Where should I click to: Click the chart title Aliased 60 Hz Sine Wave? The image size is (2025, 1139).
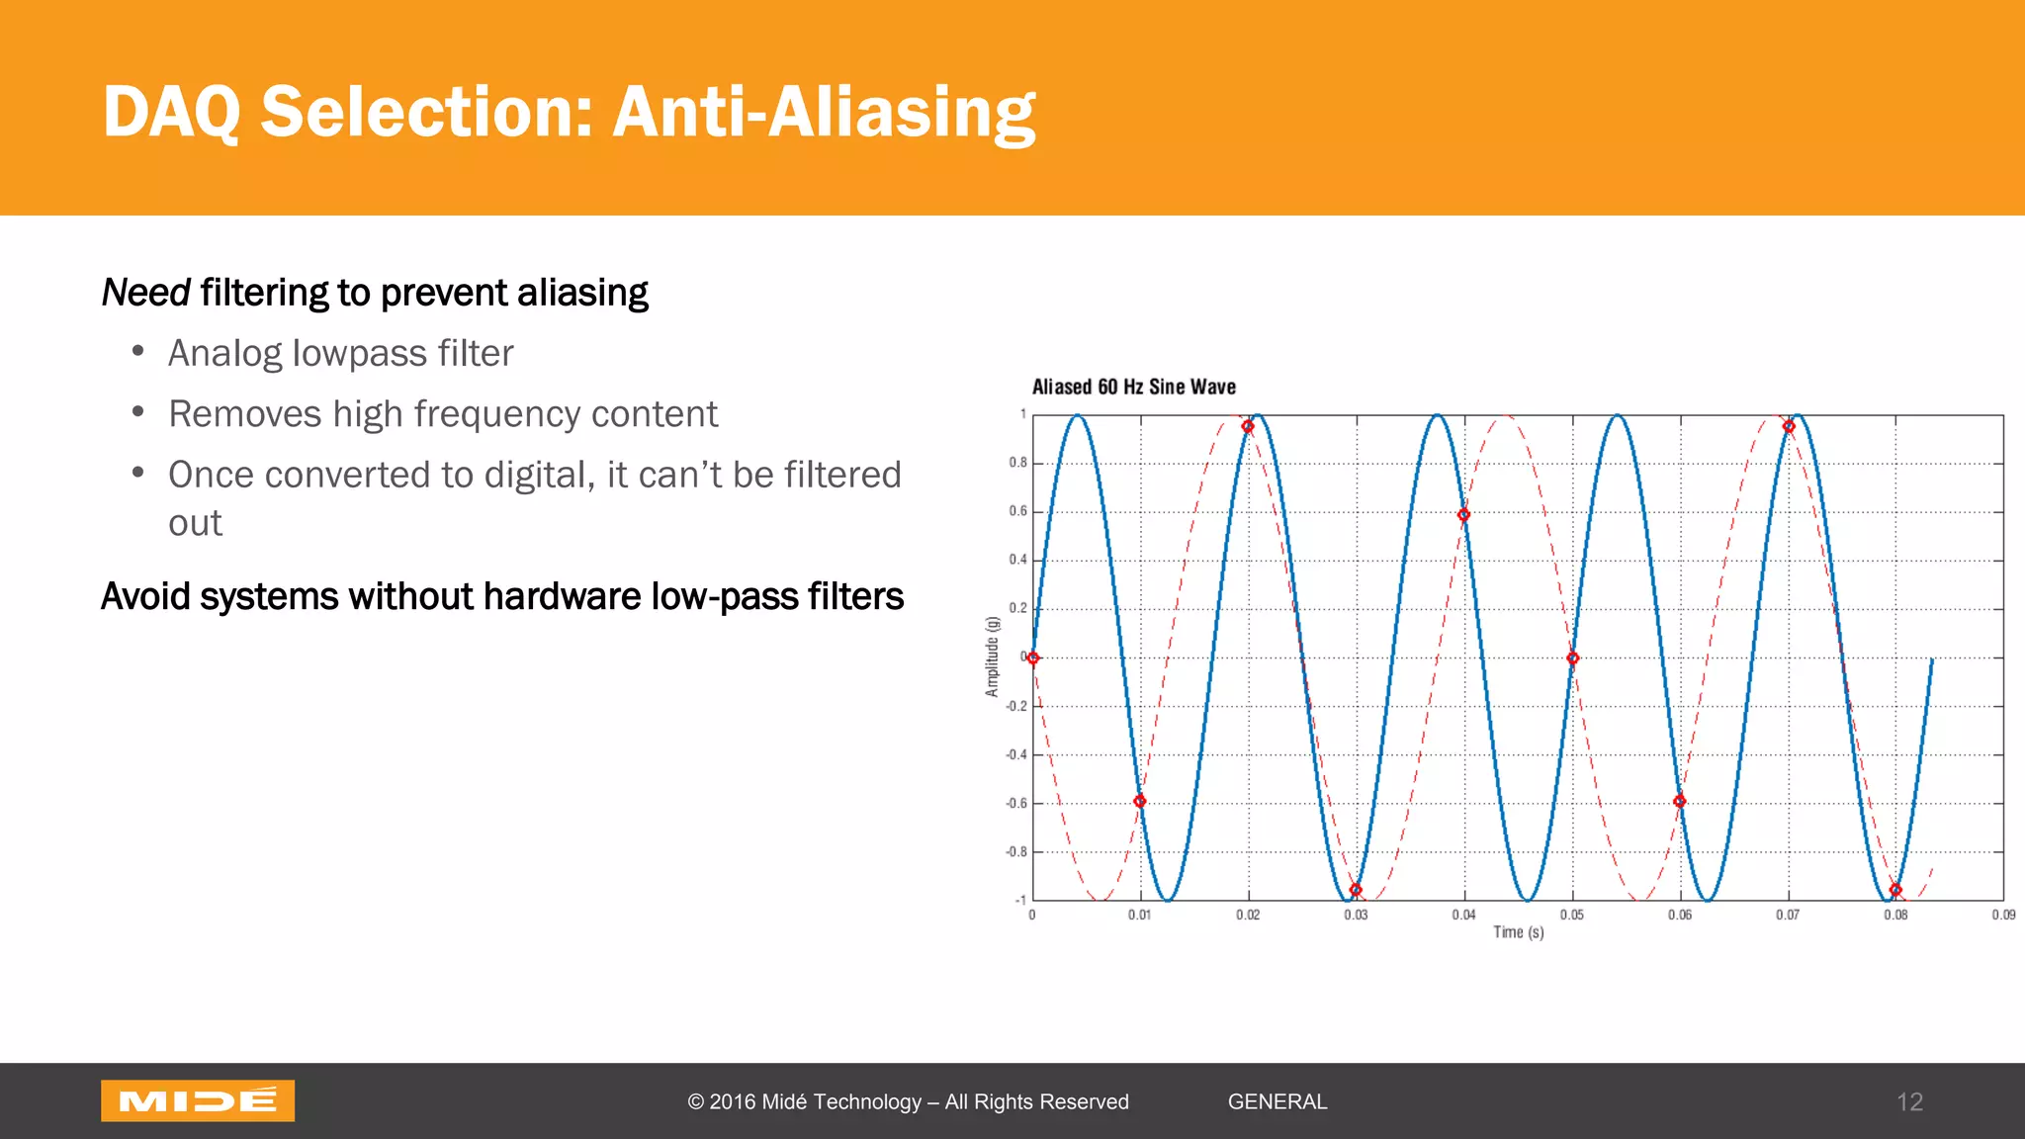[x=1133, y=387]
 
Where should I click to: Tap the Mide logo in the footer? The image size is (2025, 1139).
[x=198, y=1100]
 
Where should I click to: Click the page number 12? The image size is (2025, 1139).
[x=1909, y=1101]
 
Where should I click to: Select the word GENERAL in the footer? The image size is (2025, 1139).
[x=1277, y=1101]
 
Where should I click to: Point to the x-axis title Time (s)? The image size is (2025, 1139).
[x=1518, y=932]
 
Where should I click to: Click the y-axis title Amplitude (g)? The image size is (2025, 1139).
[x=992, y=657]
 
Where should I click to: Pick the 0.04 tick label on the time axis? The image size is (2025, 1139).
[x=1463, y=915]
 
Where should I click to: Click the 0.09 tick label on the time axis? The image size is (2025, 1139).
[x=2003, y=915]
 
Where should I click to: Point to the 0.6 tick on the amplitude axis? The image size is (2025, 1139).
[x=1017, y=511]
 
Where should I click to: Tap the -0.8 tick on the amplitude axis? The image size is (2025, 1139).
[x=1016, y=851]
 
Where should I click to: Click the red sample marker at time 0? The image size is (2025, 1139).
[x=1033, y=657]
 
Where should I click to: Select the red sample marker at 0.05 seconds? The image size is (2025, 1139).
[x=1572, y=657]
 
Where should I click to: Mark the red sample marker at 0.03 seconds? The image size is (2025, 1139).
[x=1356, y=890]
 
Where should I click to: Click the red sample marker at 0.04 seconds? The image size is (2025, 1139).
[x=1463, y=515]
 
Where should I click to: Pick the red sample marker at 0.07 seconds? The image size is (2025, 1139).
[x=1789, y=426]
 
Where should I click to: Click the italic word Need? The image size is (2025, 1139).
[x=145, y=293]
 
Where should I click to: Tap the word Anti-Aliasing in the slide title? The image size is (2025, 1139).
[x=823, y=112]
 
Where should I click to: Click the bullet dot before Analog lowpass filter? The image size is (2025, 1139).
[x=138, y=351]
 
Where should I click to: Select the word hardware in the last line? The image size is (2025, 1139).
[x=562, y=596]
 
